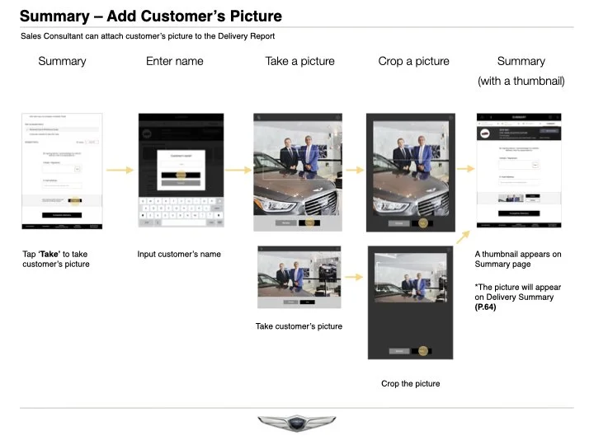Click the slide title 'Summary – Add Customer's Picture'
pyautogui.click(x=150, y=16)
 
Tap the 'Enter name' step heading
pyautogui.click(x=174, y=61)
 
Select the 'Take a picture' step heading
pyautogui.click(x=299, y=61)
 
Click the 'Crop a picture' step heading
pyautogui.click(x=412, y=61)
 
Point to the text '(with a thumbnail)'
pyautogui.click(x=521, y=81)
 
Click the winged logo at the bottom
pyautogui.click(x=297, y=424)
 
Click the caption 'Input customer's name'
pyautogui.click(x=179, y=254)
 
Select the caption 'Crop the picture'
pyautogui.click(x=410, y=383)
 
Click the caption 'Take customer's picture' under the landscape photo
pyautogui.click(x=299, y=326)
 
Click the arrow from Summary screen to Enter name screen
pyautogui.click(x=120, y=171)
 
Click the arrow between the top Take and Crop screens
pyautogui.click(x=354, y=171)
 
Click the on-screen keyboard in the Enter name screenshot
pyautogui.click(x=181, y=211)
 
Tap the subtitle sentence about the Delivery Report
pyautogui.click(x=147, y=36)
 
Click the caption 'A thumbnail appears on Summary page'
pyautogui.click(x=518, y=259)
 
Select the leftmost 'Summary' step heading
pyautogui.click(x=62, y=61)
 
